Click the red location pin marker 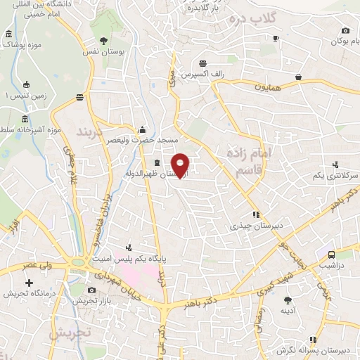[x=181, y=165]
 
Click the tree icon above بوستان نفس [x=104, y=41]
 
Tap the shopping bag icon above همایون [x=299, y=77]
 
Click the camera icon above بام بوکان [x=345, y=30]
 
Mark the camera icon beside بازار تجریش [x=91, y=290]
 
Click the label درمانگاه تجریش [x=27, y=292]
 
